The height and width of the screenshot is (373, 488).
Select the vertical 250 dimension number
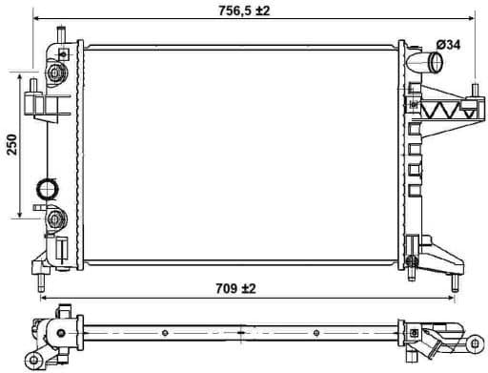(12, 144)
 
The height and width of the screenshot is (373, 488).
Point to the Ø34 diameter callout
(449, 45)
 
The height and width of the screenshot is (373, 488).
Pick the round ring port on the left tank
(47, 188)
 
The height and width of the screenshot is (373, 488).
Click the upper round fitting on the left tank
(55, 73)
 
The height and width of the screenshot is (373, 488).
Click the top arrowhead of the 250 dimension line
(22, 73)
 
